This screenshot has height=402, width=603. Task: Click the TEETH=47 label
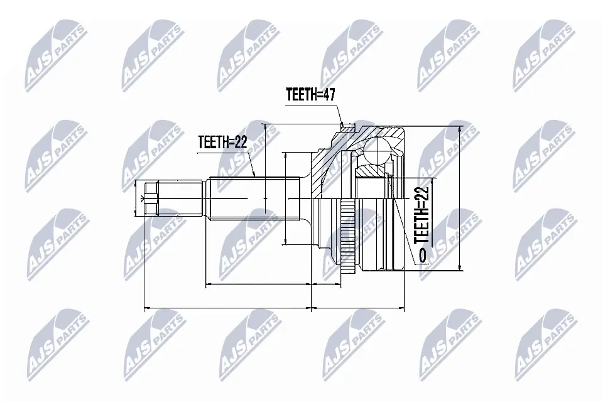(310, 95)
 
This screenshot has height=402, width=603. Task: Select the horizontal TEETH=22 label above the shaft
(221, 142)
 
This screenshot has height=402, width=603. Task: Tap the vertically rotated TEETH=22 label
(421, 214)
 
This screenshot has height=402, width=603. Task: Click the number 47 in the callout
(330, 95)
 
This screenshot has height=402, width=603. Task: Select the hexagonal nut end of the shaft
(150, 199)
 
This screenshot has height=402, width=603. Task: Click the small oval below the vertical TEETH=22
(421, 254)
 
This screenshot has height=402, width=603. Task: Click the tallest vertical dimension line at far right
(460, 198)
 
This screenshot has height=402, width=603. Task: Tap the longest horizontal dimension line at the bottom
(228, 308)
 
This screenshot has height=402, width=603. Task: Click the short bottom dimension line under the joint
(357, 308)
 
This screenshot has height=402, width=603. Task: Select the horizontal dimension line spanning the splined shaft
(259, 285)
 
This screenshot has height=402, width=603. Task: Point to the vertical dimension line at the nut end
(138, 199)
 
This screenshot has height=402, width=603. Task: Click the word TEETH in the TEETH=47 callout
(301, 95)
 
